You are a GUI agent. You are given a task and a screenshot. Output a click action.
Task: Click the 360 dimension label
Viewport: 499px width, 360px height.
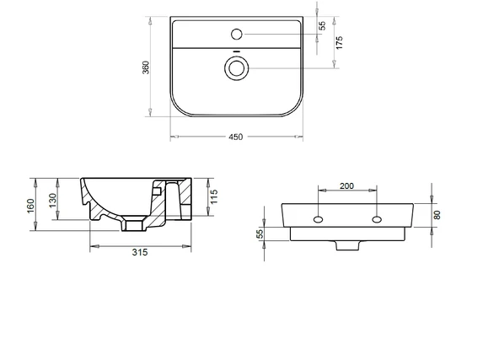146,67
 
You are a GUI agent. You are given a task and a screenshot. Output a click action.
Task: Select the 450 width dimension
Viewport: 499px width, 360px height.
235,137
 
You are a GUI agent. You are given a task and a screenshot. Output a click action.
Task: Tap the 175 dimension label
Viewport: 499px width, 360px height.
339,43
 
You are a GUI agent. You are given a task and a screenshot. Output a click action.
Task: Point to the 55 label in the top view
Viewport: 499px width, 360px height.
322,25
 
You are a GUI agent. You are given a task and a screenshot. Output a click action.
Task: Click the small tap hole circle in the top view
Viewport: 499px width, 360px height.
237,34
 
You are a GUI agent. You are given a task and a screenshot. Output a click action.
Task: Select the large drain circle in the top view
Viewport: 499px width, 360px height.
237,68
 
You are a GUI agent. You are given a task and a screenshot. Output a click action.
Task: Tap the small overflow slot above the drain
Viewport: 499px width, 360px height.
237,51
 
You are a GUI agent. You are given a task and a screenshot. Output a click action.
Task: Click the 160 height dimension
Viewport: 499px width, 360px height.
30,206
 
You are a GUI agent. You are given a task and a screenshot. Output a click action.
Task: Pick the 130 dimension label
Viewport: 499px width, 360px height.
53,200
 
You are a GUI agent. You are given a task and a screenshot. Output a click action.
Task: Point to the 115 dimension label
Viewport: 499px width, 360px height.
214,196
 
